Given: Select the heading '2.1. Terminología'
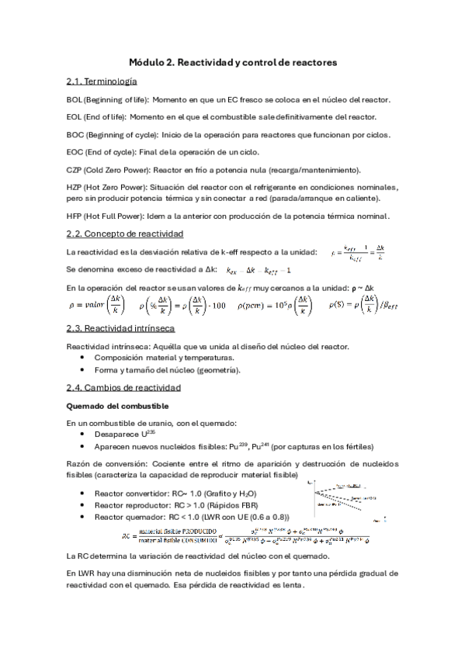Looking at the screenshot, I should [x=102, y=81].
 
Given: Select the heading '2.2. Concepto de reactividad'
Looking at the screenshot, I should [x=125, y=234].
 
